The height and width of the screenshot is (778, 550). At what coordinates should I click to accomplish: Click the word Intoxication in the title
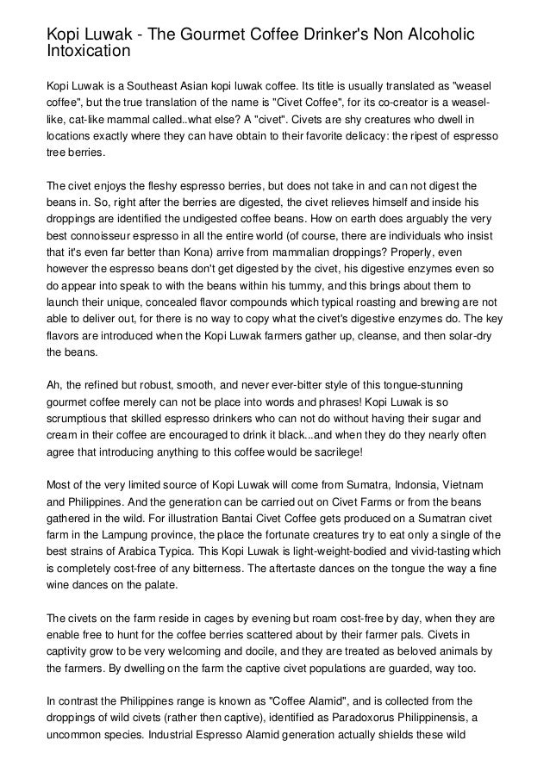pos(88,51)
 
